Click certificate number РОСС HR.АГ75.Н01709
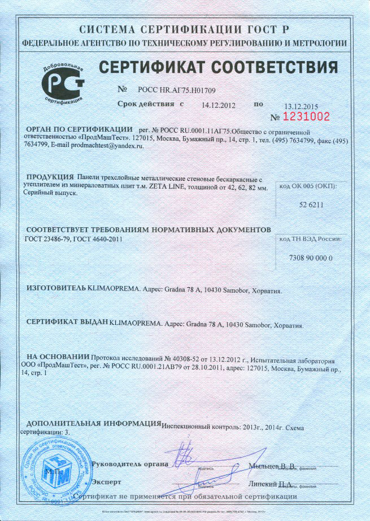click(x=177, y=90)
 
